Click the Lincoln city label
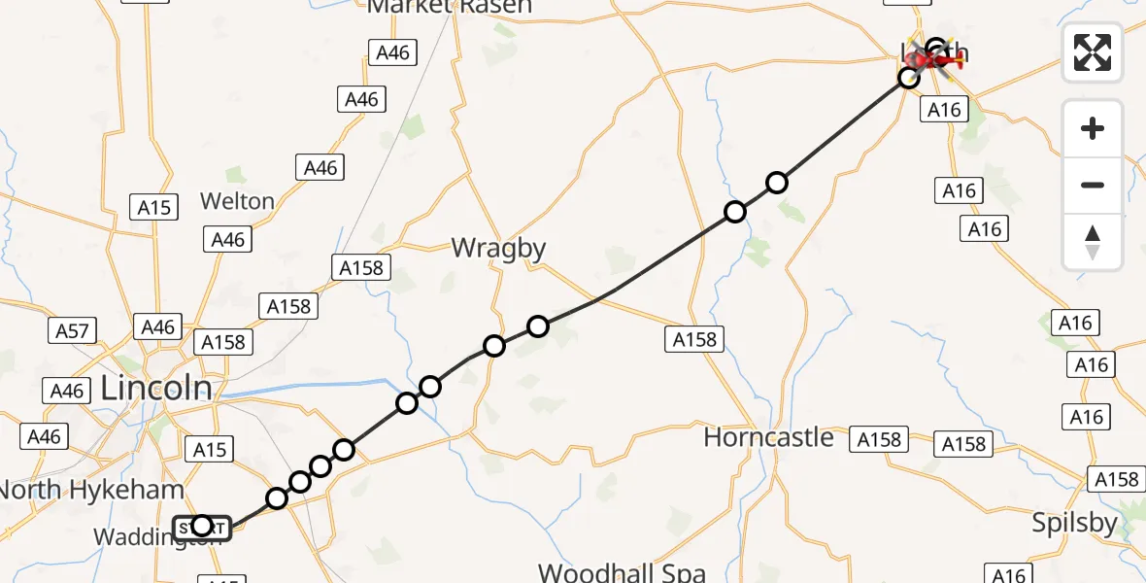click(156, 389)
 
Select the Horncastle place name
click(768, 437)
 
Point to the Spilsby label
click(1073, 523)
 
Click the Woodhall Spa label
click(622, 572)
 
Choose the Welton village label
click(237, 201)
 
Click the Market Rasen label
click(450, 7)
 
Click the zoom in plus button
click(1093, 128)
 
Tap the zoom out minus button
click(1093, 185)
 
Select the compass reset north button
click(1093, 241)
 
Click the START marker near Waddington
click(202, 527)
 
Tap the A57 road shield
click(72, 330)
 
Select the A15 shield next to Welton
click(153, 206)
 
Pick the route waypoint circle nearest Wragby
click(537, 326)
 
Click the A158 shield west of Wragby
click(361, 267)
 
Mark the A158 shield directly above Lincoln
click(222, 342)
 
